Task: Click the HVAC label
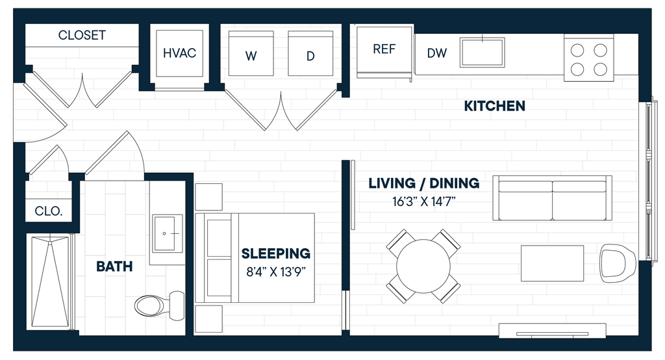179,53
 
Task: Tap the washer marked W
251,53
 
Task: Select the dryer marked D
310,53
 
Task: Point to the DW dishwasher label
437,53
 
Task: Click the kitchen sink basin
483,52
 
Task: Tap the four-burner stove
588,59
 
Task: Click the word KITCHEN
494,106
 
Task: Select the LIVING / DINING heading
423,183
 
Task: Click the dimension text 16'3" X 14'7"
423,201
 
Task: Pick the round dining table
423,266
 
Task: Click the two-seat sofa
552,198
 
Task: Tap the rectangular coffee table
552,263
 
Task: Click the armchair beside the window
618,263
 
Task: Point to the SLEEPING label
275,253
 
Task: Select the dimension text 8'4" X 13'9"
275,272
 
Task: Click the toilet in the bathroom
160,304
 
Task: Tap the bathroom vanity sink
168,233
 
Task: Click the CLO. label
48,211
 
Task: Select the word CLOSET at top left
82,35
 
